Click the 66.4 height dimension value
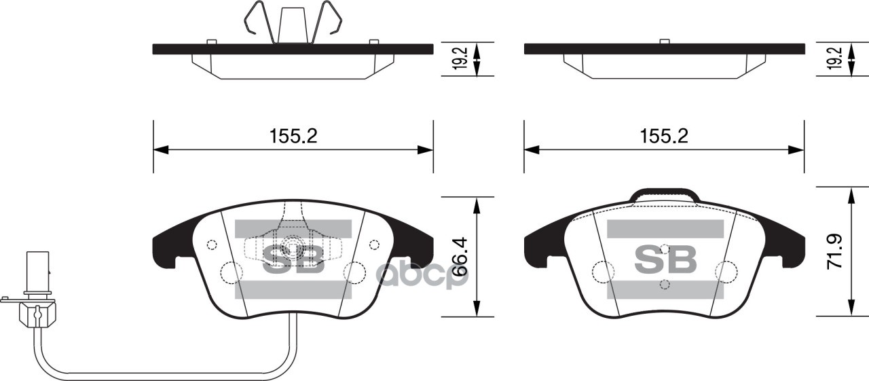click(x=460, y=257)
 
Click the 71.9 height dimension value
click(x=834, y=251)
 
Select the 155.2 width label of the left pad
click(x=293, y=136)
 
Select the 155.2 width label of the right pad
click(x=664, y=136)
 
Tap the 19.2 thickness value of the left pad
click(x=460, y=60)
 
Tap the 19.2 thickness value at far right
click(x=835, y=60)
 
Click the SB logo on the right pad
click(x=665, y=259)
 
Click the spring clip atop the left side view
click(x=293, y=24)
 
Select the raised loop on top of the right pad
click(x=665, y=196)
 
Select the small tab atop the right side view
click(x=665, y=41)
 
